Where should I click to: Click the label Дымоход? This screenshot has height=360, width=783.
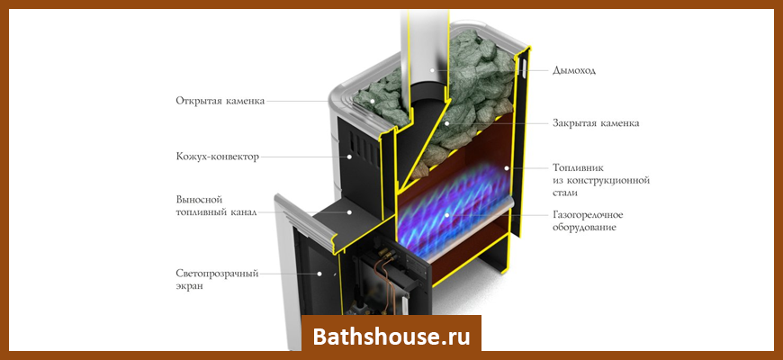click(574, 70)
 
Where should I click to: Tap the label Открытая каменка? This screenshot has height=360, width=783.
click(220, 101)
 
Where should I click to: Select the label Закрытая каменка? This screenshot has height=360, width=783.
click(596, 122)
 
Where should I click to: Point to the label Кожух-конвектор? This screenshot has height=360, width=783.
click(217, 157)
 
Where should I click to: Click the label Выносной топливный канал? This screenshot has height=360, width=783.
click(216, 206)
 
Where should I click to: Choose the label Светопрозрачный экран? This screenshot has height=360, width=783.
click(217, 280)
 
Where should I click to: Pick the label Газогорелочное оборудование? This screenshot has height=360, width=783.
click(588, 221)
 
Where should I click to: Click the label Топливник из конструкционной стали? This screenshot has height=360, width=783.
click(601, 180)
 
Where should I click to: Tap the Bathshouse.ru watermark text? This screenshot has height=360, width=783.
click(391, 337)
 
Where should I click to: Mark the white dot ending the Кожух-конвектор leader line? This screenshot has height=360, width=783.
click(350, 157)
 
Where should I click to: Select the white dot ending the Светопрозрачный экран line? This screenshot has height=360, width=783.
click(320, 274)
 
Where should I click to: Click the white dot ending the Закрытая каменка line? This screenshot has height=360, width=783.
click(447, 122)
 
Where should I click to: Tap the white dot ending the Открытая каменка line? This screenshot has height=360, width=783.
click(372, 101)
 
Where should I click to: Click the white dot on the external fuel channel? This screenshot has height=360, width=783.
click(350, 212)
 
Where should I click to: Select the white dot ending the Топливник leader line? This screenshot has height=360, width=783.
click(507, 168)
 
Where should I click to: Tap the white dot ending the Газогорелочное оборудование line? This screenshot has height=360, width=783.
click(447, 215)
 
